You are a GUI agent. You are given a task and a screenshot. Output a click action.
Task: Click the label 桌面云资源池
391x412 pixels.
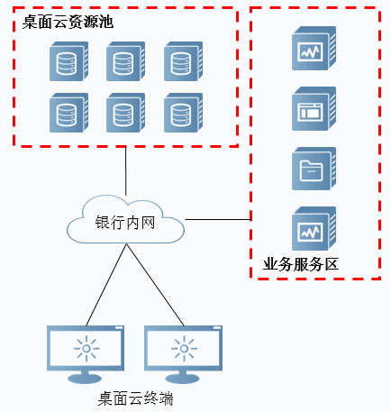pos(68,22)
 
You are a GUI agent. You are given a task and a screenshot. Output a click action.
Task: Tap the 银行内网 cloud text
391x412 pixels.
pos(125,223)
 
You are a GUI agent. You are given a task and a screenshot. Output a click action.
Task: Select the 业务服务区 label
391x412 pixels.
pos(301,264)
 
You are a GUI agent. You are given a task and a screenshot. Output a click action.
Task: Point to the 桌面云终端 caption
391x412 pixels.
pos(136,398)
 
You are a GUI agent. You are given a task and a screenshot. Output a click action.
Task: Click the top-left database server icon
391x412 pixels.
pos(68,61)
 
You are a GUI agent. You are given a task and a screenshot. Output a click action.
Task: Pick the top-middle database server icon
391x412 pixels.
pos(126,61)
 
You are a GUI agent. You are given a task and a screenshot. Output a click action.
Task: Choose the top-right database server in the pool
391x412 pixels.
pos(183,61)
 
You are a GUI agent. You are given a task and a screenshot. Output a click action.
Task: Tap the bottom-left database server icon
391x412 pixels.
pos(68,113)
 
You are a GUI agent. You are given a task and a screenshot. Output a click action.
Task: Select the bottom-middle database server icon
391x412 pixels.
pos(126,113)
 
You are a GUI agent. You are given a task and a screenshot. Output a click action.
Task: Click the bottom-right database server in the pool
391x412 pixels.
pos(183,113)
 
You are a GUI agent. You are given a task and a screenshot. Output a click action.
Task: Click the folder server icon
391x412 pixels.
pos(314,169)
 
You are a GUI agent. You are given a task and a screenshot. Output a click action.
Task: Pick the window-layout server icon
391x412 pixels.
pos(314,108)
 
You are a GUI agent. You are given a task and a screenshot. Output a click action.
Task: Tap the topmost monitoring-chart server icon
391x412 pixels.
pos(314,48)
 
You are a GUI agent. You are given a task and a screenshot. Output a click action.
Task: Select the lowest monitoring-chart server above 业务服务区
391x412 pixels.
pos(314,228)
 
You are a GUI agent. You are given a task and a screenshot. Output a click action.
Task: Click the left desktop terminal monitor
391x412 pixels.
pos(86,354)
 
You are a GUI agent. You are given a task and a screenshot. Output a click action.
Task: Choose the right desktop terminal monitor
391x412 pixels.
pos(183,354)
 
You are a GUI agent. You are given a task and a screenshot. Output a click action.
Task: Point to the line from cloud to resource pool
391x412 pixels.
pos(125,170)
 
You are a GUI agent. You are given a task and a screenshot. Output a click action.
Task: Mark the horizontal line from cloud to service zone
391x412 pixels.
pos(218,219)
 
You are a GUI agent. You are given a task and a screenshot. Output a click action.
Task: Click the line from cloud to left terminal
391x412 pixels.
pos(106,285)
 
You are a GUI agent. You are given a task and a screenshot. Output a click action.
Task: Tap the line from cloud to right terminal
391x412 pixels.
pos(155,285)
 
